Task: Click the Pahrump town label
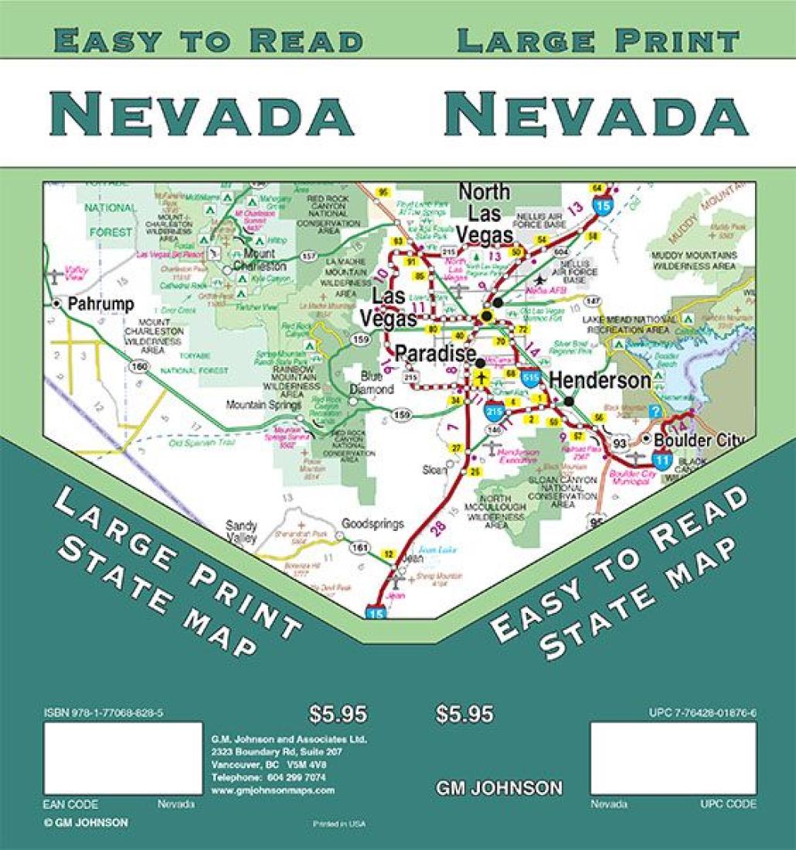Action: pos(100,304)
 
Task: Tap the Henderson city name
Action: pos(600,380)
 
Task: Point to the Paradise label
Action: pos(435,354)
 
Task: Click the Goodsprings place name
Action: pos(372,523)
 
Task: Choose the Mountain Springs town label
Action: pos(262,404)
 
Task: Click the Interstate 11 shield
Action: pos(661,459)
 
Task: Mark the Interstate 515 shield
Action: pos(530,378)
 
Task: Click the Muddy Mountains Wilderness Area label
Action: pos(693,260)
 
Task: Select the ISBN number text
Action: pos(104,713)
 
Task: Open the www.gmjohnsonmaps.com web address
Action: pos(273,790)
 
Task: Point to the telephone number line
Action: pos(268,777)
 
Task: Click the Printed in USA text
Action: pos(339,824)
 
